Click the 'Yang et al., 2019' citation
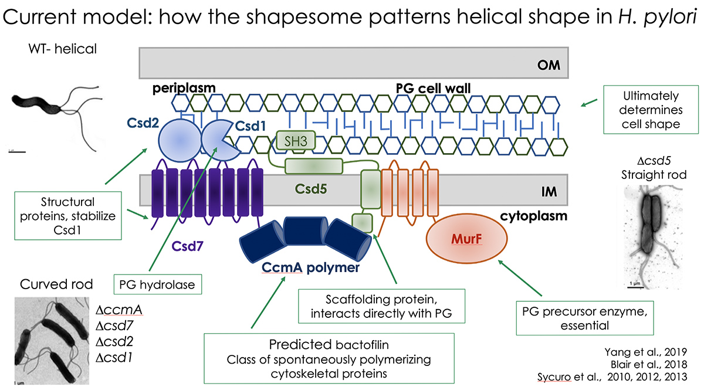pyautogui.click(x=656, y=351)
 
